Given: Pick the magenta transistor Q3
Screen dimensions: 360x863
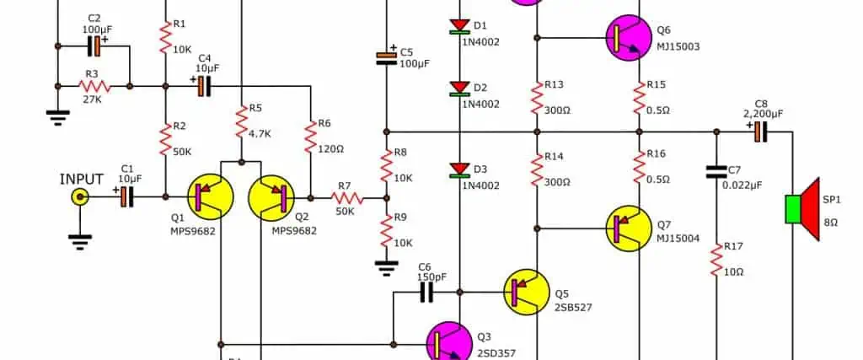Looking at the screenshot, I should click(x=451, y=343).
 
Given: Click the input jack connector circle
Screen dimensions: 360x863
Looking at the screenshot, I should click(x=80, y=197).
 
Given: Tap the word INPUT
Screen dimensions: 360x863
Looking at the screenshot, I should click(x=82, y=179).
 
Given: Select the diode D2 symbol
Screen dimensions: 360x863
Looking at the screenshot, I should click(x=459, y=89).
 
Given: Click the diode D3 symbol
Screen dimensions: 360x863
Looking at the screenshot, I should click(x=459, y=170).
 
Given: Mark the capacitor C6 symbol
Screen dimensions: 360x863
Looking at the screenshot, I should click(x=426, y=292).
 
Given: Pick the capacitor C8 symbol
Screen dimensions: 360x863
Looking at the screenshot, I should click(x=758, y=131).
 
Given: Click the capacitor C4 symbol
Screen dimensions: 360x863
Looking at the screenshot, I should click(x=202, y=85).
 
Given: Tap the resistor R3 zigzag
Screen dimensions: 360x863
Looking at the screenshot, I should click(x=94, y=85).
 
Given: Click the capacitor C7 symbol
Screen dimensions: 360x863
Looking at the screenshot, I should click(x=716, y=172).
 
